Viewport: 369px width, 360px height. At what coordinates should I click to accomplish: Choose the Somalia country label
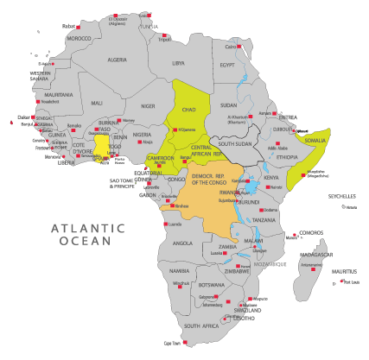319,140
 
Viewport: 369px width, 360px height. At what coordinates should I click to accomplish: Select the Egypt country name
226,65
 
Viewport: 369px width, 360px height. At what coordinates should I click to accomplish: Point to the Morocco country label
80,39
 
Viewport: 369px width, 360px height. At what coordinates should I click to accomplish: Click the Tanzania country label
264,220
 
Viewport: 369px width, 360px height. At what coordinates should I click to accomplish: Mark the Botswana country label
212,284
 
